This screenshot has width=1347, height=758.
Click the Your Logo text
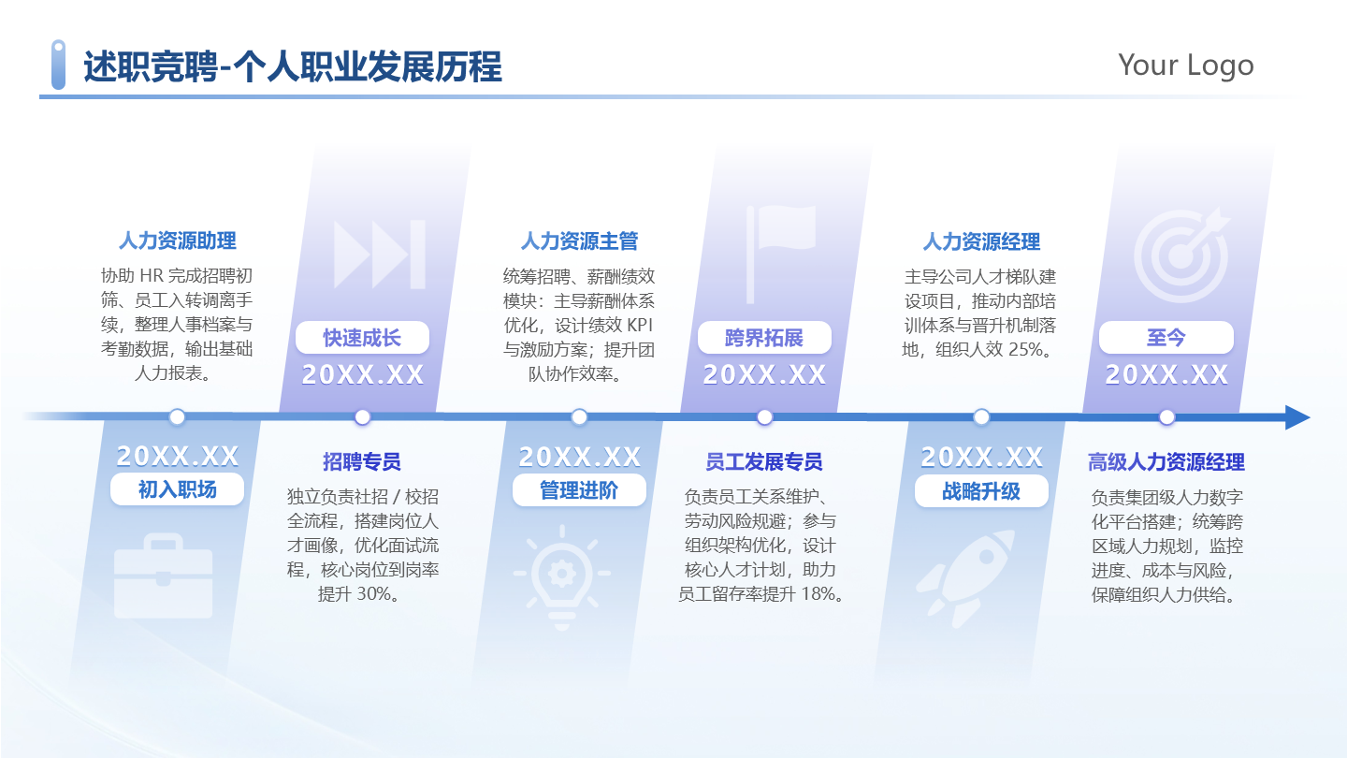click(x=1185, y=65)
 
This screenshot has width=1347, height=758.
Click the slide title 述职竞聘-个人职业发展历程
click(x=293, y=67)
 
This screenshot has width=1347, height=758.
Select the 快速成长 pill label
click(x=362, y=337)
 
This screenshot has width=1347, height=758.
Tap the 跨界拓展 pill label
click(x=764, y=337)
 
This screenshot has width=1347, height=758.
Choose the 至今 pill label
click(x=1166, y=337)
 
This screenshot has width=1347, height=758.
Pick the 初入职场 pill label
click(x=177, y=489)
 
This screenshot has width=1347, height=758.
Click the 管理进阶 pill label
click(x=579, y=490)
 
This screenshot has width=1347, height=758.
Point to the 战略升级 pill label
click(x=980, y=490)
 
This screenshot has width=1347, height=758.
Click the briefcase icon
click(x=163, y=576)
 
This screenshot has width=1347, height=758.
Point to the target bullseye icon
click(x=1181, y=248)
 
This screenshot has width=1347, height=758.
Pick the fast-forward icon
click(x=380, y=253)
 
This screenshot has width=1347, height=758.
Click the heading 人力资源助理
click(x=177, y=241)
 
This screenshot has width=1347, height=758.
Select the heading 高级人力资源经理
click(x=1166, y=461)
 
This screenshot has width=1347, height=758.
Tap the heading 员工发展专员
click(x=764, y=461)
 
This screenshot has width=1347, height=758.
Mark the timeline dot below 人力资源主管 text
click(x=579, y=417)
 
